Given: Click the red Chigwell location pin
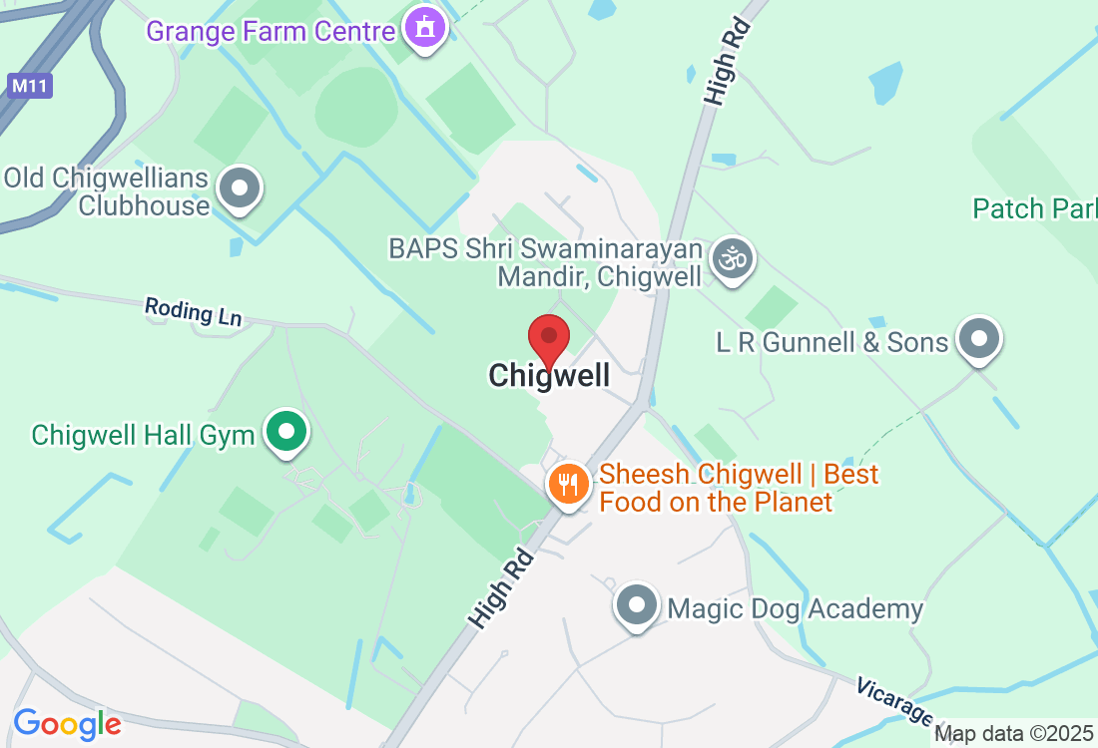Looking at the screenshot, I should [548, 338].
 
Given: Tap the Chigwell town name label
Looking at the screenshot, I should [548, 376].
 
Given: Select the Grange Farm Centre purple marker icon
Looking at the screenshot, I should [425, 30].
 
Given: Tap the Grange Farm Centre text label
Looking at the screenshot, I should [271, 31].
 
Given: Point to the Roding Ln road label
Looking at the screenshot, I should [193, 311].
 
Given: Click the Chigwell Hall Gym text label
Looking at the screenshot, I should [143, 436].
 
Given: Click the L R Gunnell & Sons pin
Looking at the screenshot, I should [979, 340].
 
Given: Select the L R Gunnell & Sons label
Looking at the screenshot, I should [831, 342].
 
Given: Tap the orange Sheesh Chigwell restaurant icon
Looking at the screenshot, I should [568, 486].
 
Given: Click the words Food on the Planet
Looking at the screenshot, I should [715, 502].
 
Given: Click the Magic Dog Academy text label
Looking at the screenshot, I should [795, 608].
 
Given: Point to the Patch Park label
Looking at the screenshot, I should [1034, 208].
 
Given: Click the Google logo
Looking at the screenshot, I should [67, 724].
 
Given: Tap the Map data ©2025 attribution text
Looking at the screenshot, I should [1013, 734].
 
